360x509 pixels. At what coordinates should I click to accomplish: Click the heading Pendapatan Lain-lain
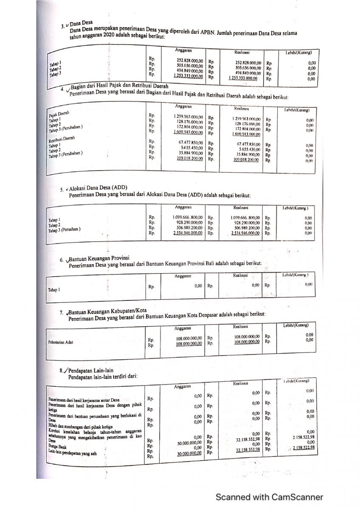90,371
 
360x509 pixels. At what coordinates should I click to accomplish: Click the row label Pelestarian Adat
61,342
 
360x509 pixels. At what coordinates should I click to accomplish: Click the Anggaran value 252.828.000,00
190,61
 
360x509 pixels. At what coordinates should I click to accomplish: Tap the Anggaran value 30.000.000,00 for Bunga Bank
189,443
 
